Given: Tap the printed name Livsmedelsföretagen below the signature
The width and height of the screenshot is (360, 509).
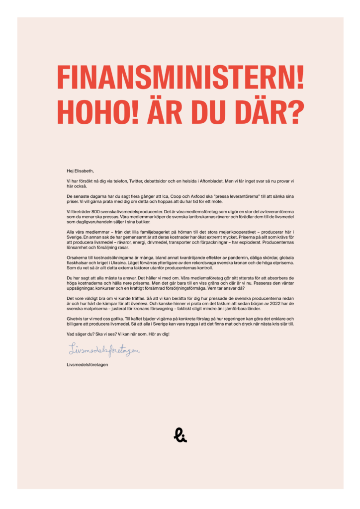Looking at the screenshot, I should [88, 364].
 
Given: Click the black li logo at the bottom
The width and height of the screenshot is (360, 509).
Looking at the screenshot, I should [180, 435].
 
